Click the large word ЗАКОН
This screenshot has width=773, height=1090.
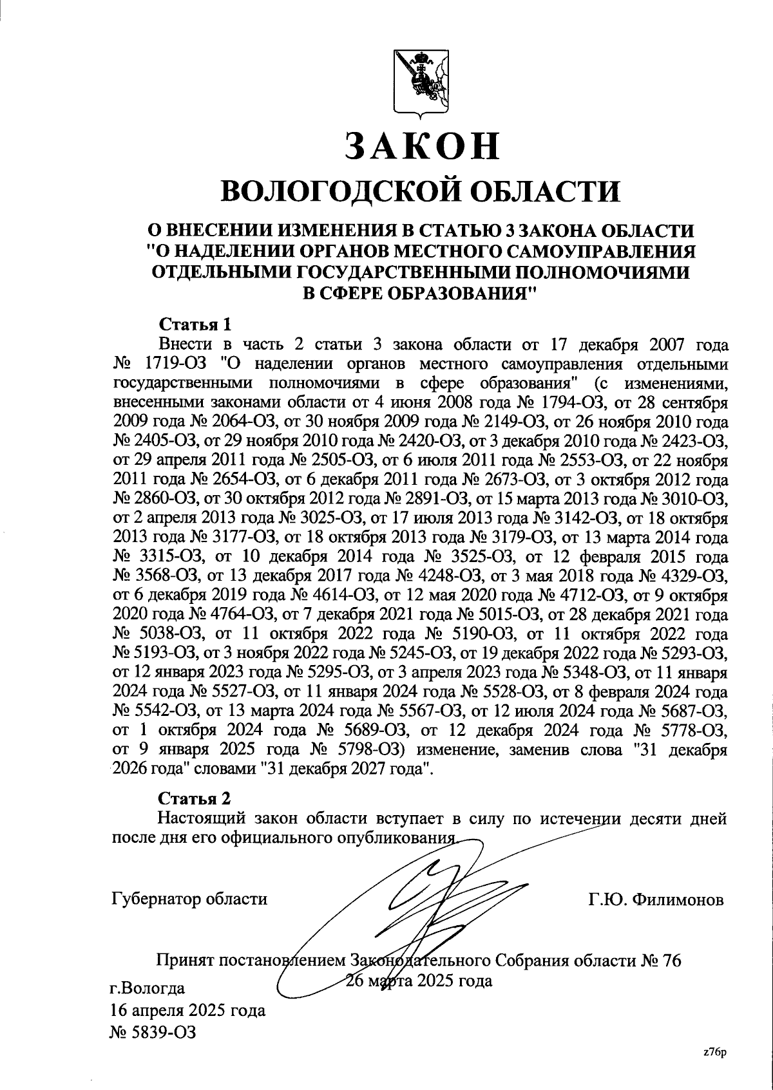point(423,146)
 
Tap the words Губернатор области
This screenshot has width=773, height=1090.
point(189,899)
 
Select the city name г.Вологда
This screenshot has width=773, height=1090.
point(148,988)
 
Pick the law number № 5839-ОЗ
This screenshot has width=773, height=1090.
point(153,1033)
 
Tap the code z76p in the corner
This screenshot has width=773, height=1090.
point(714,1052)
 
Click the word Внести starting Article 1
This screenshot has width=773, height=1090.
point(187,344)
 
